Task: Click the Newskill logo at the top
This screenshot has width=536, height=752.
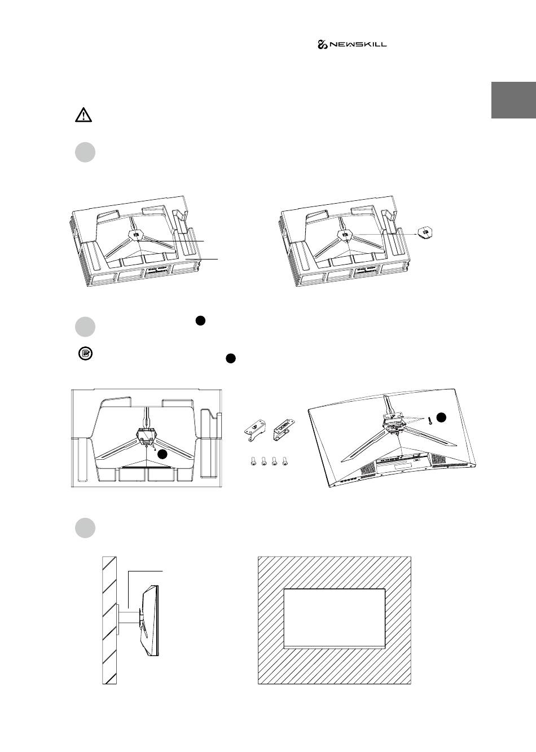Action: [352, 45]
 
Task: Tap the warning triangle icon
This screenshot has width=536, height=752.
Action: [84, 115]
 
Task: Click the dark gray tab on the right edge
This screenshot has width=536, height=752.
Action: [513, 100]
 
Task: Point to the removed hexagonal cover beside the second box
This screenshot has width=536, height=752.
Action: [425, 232]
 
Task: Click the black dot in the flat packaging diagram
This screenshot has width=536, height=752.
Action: [162, 454]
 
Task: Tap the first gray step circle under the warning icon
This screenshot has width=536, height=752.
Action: [85, 153]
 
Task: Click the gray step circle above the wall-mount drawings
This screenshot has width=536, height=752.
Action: [85, 527]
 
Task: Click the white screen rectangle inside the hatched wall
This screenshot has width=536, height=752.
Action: [334, 617]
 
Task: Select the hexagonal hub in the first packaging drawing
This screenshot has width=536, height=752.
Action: [135, 235]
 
